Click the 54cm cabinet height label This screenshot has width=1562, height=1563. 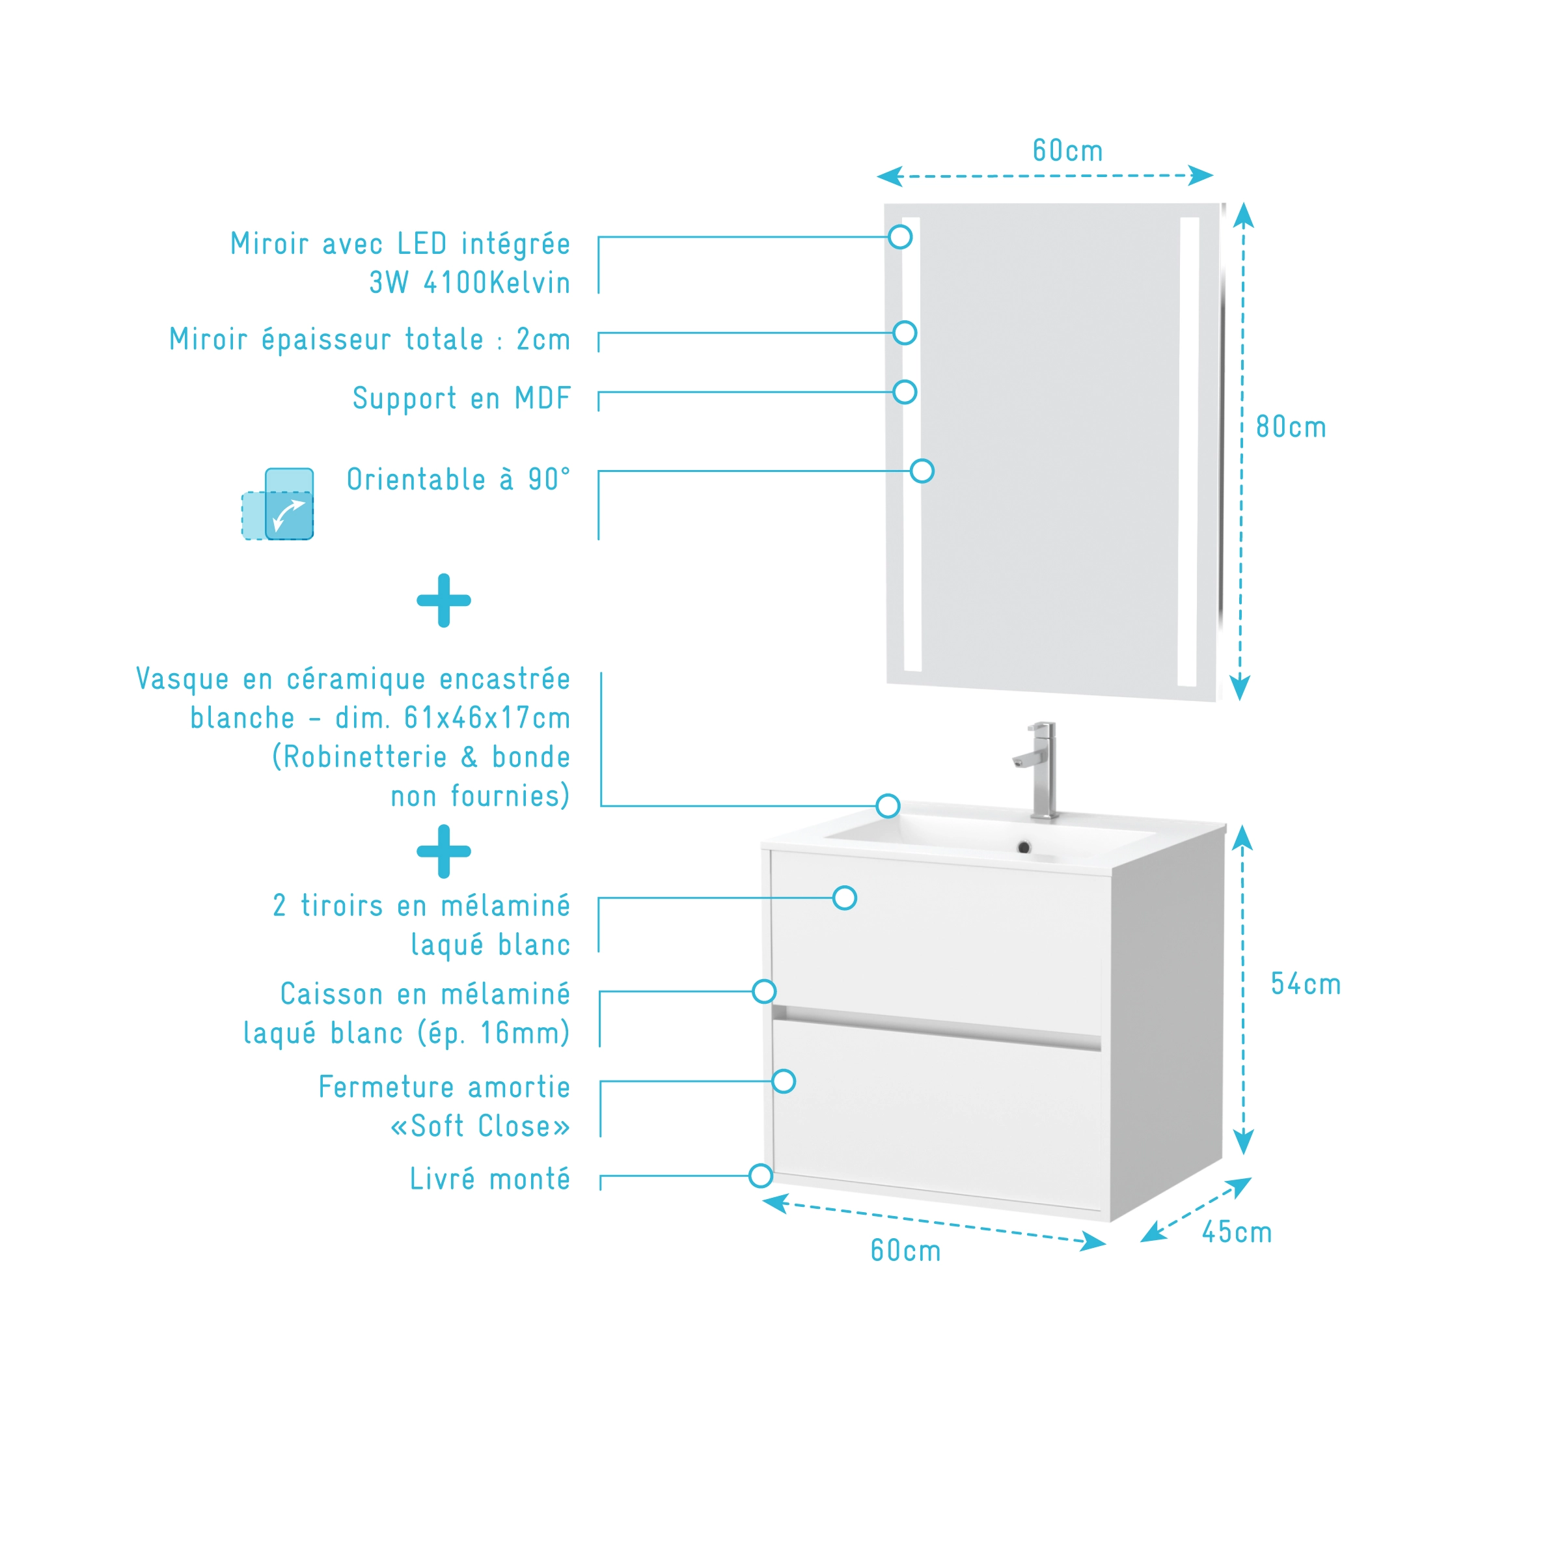tap(1305, 984)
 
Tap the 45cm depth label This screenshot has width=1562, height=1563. tap(1236, 1232)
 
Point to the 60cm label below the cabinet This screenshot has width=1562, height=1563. tap(905, 1251)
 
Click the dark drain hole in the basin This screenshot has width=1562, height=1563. tap(1023, 848)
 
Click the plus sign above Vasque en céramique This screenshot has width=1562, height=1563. tap(443, 600)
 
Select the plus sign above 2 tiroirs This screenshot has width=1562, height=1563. tap(443, 851)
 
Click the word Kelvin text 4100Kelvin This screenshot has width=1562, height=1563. tap(530, 283)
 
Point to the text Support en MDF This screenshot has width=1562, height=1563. tap(461, 398)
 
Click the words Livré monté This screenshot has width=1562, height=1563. tap(489, 1179)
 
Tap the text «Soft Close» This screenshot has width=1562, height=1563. tap(480, 1126)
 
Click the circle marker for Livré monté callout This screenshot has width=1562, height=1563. tap(760, 1176)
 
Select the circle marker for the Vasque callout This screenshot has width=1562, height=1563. tap(887, 806)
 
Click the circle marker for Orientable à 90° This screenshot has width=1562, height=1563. tap(922, 471)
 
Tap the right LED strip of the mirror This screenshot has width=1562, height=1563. tap(1188, 451)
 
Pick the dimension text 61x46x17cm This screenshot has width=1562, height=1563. tap(486, 717)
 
